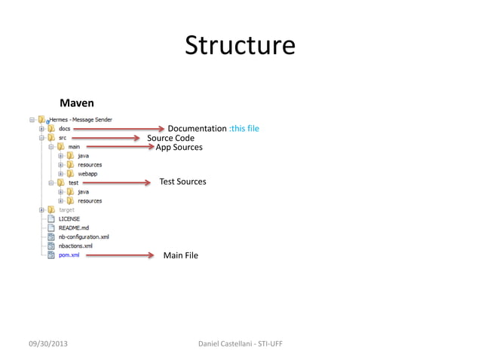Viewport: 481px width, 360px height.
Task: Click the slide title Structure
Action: tap(240, 45)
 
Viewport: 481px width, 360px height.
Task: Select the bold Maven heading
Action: tap(77, 102)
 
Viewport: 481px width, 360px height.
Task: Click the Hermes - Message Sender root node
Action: tap(81, 120)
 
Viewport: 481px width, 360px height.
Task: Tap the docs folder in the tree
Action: tap(64, 129)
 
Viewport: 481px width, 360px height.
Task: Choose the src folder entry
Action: tap(63, 138)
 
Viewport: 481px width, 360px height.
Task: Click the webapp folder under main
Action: tap(87, 174)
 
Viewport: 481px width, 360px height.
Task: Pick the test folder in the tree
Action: tap(73, 183)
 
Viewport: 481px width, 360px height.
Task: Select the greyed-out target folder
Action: tap(67, 209)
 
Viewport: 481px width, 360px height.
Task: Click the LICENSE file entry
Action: tap(69, 219)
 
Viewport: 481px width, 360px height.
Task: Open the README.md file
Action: tap(74, 227)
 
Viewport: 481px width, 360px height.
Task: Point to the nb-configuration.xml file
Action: tap(84, 236)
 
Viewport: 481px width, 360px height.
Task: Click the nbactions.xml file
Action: tap(75, 246)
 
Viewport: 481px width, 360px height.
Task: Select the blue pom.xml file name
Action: tap(69, 255)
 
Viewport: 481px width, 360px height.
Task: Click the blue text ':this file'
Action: tap(244, 129)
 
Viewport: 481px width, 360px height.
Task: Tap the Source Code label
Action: tap(170, 139)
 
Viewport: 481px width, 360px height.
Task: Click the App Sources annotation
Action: tap(179, 148)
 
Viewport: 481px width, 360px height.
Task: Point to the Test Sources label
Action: tap(182, 182)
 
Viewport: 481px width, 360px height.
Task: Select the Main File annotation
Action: tap(181, 255)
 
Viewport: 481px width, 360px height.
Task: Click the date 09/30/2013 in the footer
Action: tap(52, 344)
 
